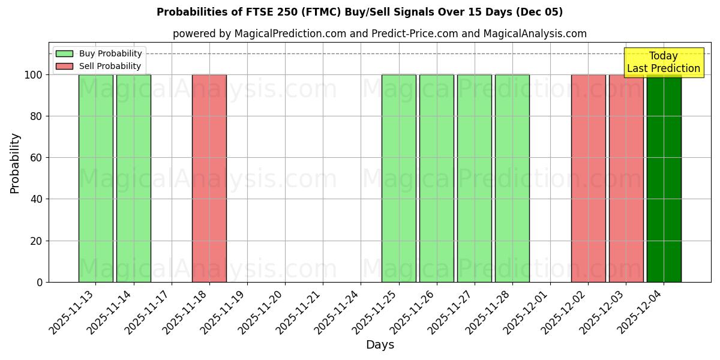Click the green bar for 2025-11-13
[x=95, y=178]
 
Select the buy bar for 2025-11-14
[x=133, y=178]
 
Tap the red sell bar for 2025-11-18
[x=209, y=178]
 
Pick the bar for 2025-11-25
[x=398, y=178]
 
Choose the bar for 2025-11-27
[x=474, y=178]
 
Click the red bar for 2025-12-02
[x=588, y=178]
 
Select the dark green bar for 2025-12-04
[x=664, y=178]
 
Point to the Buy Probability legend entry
[x=99, y=53]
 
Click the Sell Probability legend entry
[x=98, y=66]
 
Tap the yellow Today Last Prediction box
[x=664, y=62]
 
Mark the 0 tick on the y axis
[x=40, y=282]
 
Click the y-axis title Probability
[x=16, y=163]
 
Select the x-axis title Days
[x=380, y=345]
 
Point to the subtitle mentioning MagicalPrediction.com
[x=380, y=34]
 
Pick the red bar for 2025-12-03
[x=626, y=178]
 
